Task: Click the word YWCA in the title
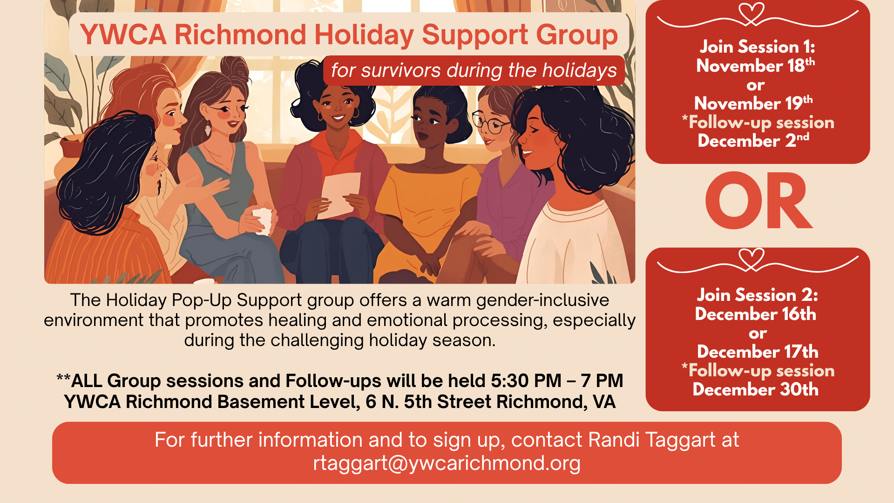[x=123, y=34]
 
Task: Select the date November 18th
[x=755, y=65]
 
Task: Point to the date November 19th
[x=753, y=103]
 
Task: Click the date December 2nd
[x=753, y=141]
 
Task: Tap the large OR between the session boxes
[x=759, y=201]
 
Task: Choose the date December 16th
[x=755, y=314]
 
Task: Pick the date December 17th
[x=758, y=352]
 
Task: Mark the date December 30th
[x=755, y=389]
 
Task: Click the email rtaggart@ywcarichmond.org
[x=447, y=463]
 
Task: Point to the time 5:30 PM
[x=526, y=381]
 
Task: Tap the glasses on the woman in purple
[x=490, y=122]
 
